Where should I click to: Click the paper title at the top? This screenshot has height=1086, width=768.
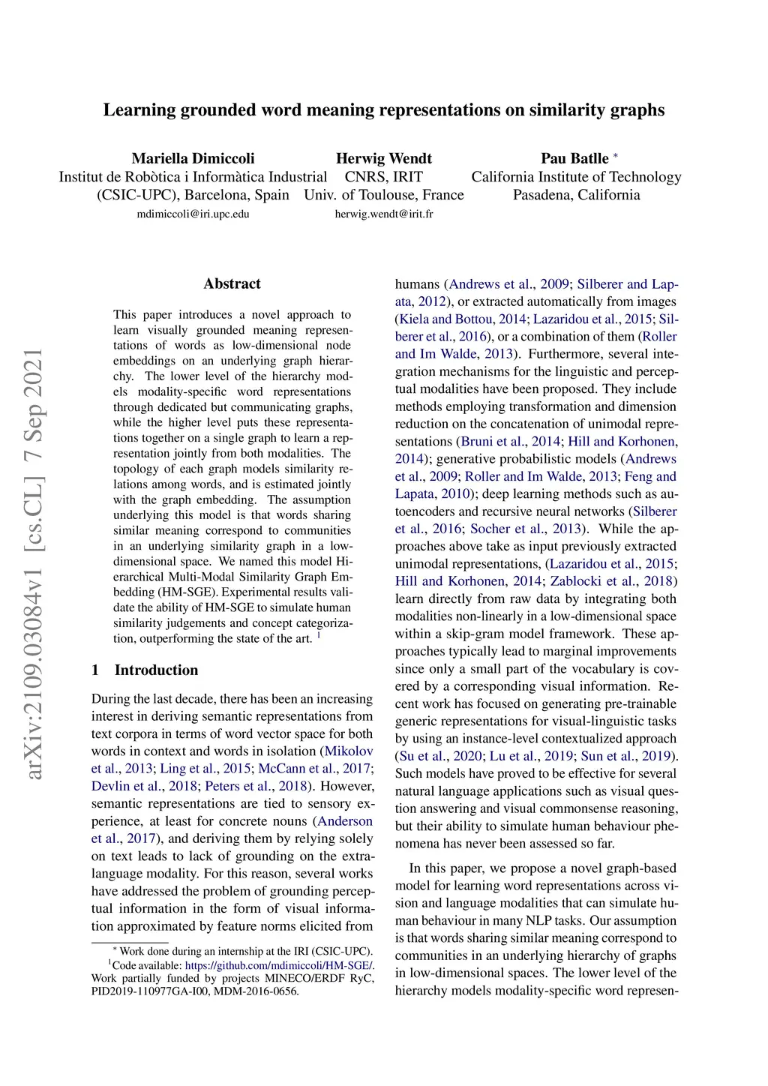383,110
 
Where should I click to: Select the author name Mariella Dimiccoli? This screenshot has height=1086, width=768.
193,158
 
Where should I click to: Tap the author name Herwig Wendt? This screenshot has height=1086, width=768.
383,158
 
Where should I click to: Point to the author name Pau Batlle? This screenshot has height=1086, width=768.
574,158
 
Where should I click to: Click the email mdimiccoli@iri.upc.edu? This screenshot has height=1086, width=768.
193,214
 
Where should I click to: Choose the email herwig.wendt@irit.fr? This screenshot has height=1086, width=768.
383,214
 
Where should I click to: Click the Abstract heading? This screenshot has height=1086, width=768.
232,283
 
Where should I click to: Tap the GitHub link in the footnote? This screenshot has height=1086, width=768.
278,965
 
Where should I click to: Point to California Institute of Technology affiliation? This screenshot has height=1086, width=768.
576,177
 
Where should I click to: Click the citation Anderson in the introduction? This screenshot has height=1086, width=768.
345,821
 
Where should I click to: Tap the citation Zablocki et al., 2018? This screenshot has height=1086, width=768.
611,581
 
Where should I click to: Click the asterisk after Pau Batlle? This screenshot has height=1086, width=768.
616,156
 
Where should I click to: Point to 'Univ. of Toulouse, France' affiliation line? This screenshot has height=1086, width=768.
383,195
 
